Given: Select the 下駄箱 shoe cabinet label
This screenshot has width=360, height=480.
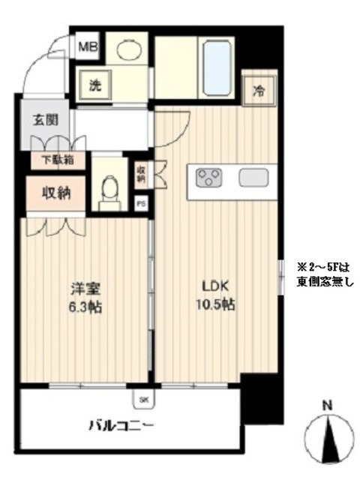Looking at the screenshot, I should (57, 159).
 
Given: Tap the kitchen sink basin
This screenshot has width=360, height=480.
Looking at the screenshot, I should (253, 178).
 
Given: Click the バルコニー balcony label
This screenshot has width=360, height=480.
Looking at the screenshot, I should (123, 427).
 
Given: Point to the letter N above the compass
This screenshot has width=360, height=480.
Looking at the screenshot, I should (327, 406).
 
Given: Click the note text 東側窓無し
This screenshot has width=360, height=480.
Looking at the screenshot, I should (322, 281).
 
